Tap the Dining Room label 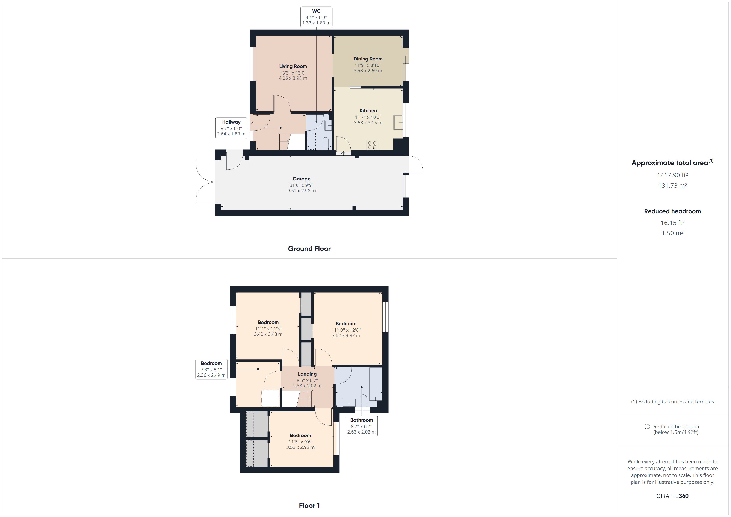[x=368, y=59]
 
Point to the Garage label [x=301, y=179]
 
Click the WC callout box [x=316, y=17]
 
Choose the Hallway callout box [x=231, y=128]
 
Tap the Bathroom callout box [x=361, y=426]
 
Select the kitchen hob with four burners [x=372, y=145]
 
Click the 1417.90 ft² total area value [x=672, y=175]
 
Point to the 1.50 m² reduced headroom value [x=672, y=233]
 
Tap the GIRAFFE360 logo [x=672, y=496]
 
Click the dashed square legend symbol [x=647, y=426]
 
